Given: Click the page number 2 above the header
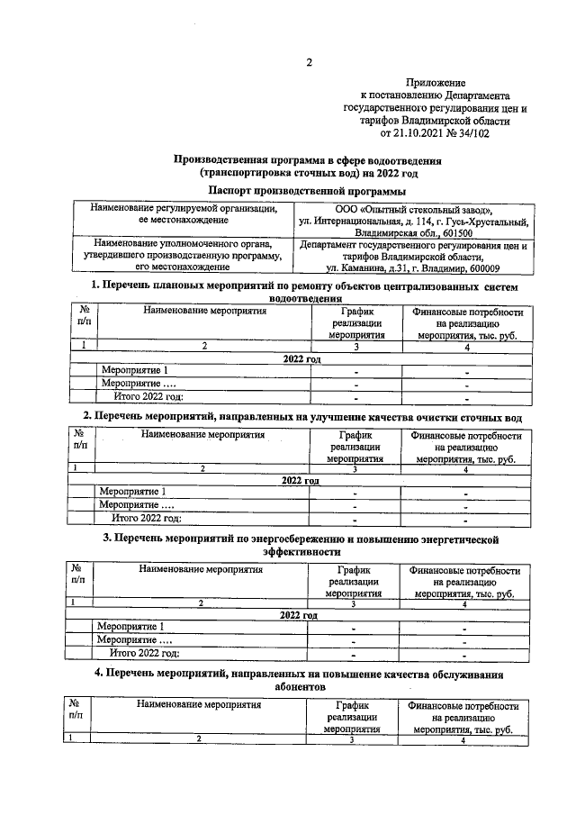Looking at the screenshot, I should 308,62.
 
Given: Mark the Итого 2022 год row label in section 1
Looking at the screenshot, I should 148,396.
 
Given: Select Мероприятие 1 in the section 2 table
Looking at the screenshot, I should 132,491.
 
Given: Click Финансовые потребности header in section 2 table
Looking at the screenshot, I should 465,446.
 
